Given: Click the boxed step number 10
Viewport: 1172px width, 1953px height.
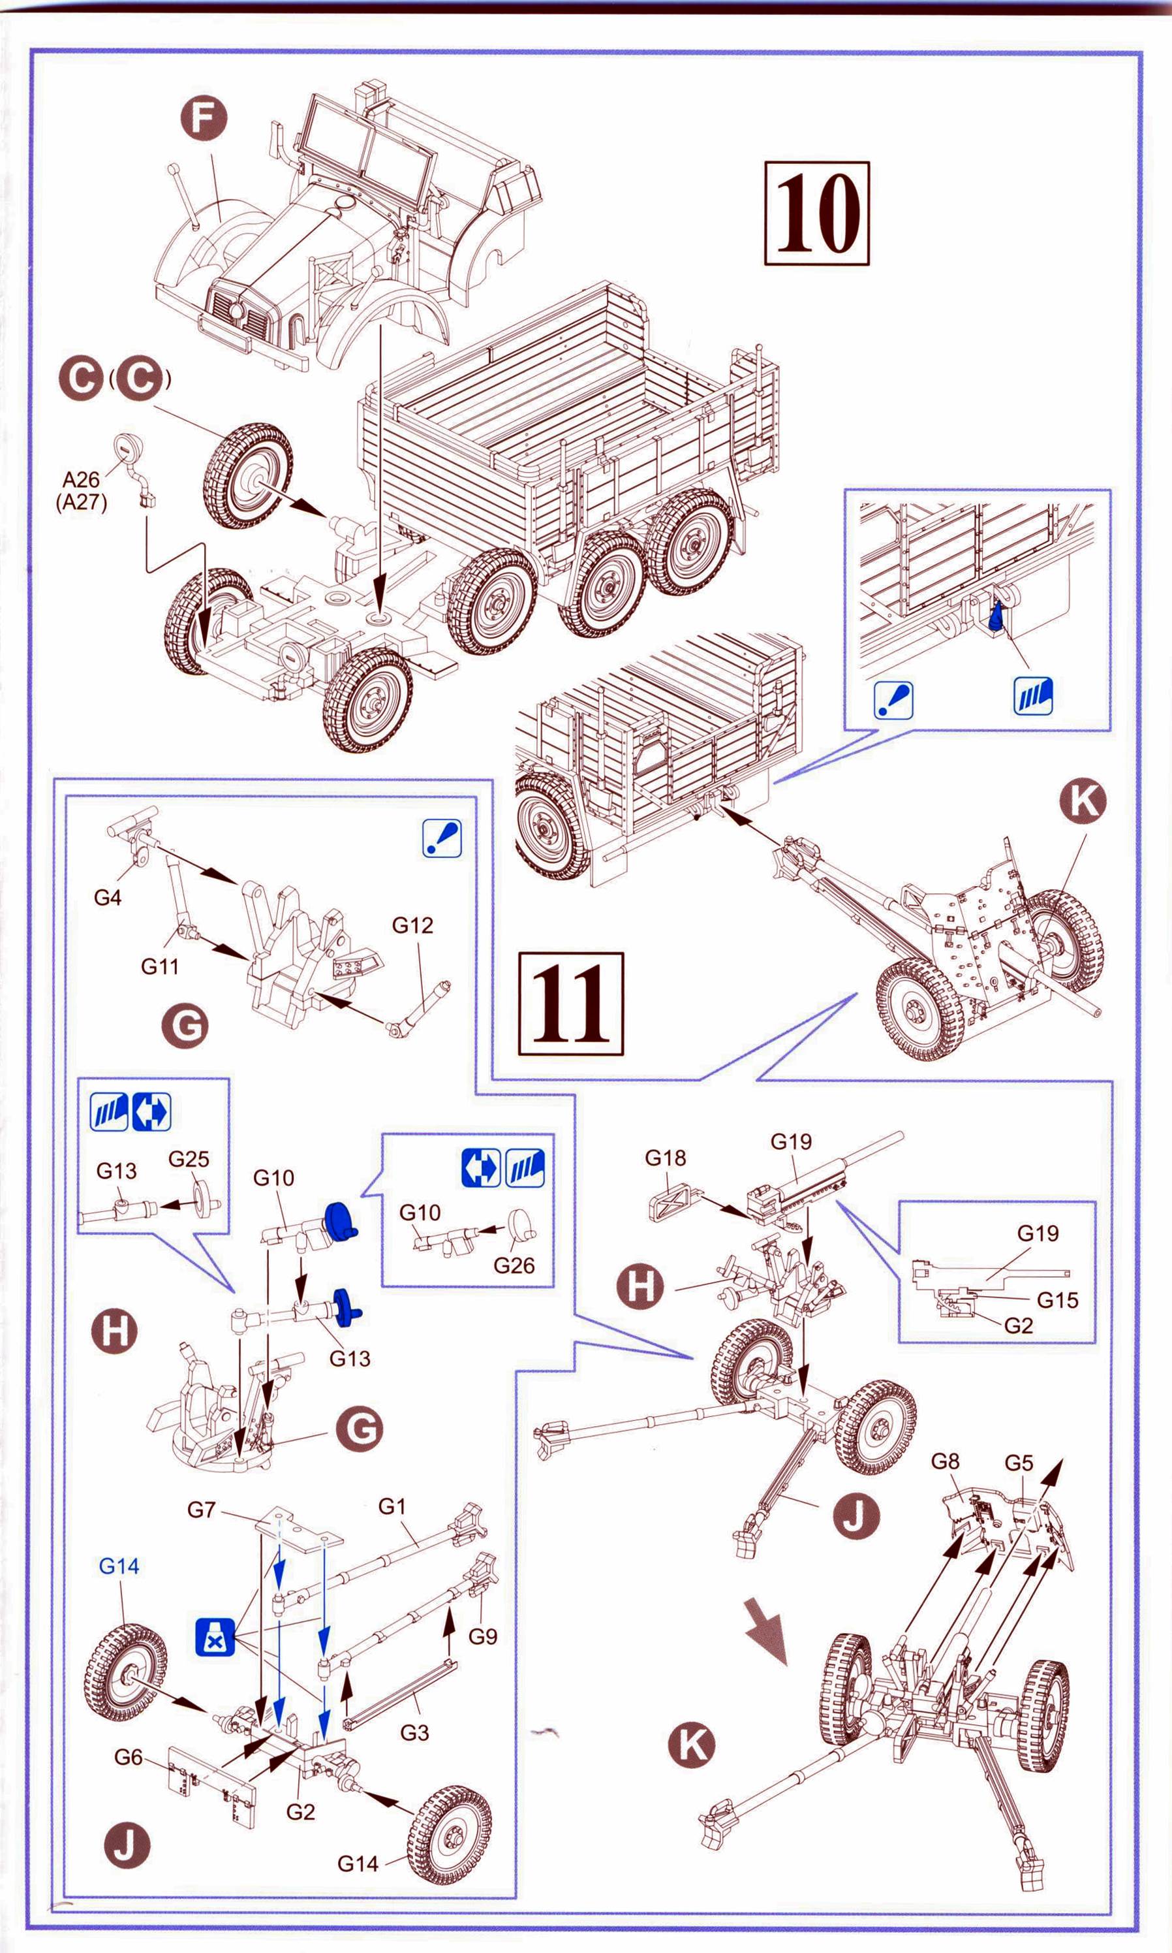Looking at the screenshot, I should click(x=816, y=214).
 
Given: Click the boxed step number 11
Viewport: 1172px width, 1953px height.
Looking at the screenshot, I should click(x=570, y=1004).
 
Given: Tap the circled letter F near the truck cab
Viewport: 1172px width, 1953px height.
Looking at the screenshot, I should click(x=202, y=118).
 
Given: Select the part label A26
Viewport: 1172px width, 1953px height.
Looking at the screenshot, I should click(x=82, y=479).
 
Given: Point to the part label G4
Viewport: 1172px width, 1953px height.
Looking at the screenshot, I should click(x=108, y=898).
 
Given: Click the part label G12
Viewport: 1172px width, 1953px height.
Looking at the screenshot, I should click(x=412, y=925).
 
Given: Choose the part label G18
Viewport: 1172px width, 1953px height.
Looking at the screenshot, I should click(x=665, y=1158).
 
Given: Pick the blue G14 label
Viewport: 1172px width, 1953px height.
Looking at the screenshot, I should click(x=119, y=1566).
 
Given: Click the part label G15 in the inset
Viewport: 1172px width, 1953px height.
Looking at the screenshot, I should click(x=1056, y=1299).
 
